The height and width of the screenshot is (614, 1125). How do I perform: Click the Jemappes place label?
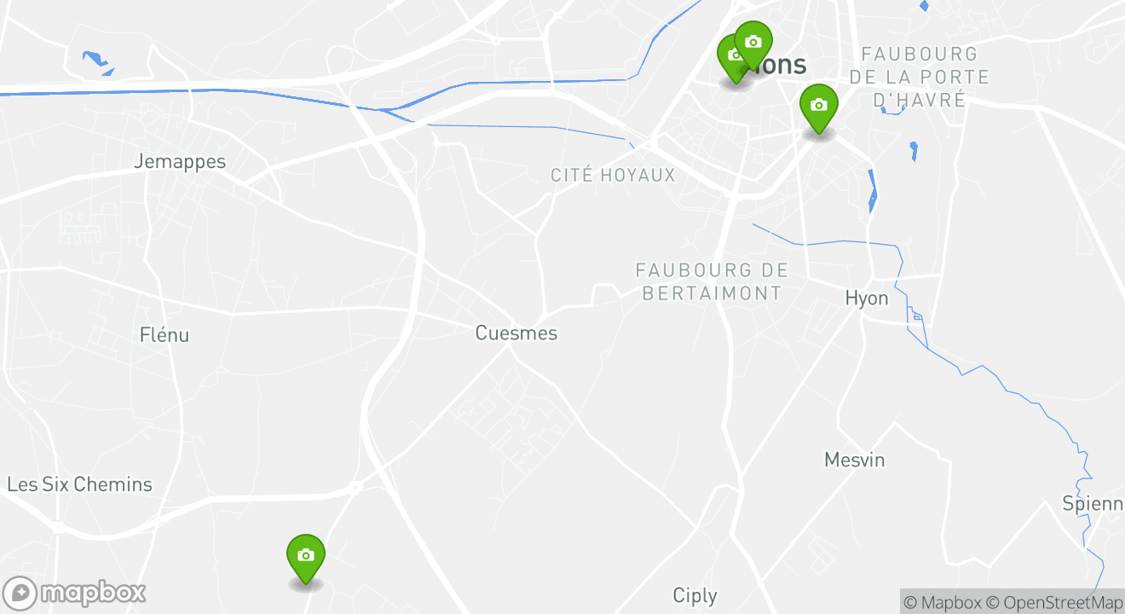coord(180,161)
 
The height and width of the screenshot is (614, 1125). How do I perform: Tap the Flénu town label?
coord(164,334)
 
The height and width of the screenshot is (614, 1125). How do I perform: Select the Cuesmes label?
coord(516,333)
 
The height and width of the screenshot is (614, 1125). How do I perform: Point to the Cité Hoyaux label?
coord(613,176)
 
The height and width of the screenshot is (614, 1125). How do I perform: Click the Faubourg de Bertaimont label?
coord(712,281)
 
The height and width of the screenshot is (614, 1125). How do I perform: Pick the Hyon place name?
coord(867,298)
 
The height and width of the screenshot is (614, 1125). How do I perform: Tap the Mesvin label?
coord(855,460)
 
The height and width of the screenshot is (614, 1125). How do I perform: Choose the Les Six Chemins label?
coord(79,484)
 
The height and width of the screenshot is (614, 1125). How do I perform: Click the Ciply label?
coord(695,595)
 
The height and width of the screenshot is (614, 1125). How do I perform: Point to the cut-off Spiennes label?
coord(1093,503)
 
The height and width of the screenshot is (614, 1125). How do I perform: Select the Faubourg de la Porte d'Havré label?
coord(920,77)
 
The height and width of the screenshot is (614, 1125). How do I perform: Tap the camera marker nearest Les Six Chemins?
coord(306,556)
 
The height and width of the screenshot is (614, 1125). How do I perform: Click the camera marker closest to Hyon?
coord(818,107)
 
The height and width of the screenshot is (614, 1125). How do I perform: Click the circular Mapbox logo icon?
coord(20,593)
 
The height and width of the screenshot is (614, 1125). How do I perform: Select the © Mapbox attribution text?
coord(942,603)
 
